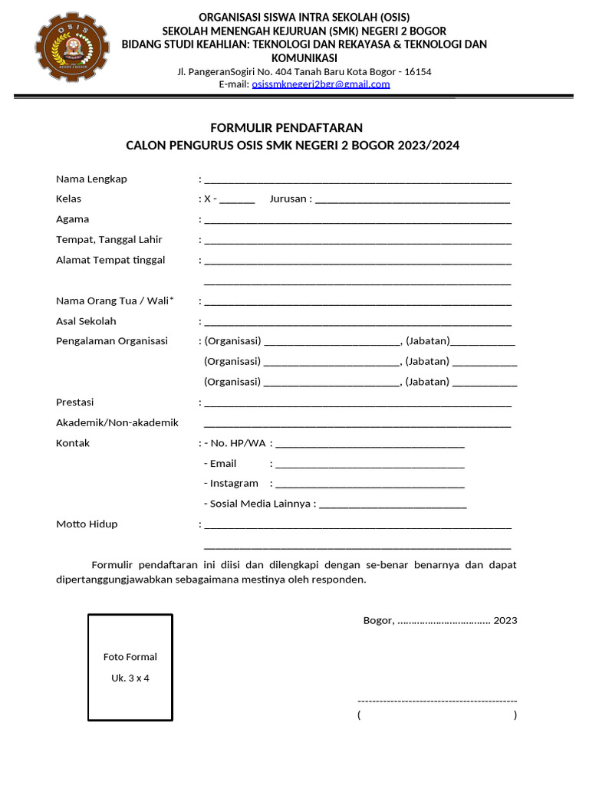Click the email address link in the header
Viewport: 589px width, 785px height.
pyautogui.click(x=321, y=84)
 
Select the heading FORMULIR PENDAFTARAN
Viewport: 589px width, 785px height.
pyautogui.click(x=287, y=127)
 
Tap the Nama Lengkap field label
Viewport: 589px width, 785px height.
pyautogui.click(x=91, y=179)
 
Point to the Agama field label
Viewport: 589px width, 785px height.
pyautogui.click(x=73, y=219)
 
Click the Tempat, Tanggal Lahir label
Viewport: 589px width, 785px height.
pyautogui.click(x=109, y=240)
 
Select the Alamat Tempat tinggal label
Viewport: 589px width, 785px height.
pyautogui.click(x=110, y=260)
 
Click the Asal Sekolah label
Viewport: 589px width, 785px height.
pyautogui.click(x=86, y=321)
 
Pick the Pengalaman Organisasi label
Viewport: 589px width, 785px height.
pyautogui.click(x=112, y=341)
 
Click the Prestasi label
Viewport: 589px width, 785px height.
pyautogui.click(x=75, y=402)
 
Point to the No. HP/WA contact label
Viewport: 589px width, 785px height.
pyautogui.click(x=238, y=443)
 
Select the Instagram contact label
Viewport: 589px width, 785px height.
pyautogui.click(x=234, y=484)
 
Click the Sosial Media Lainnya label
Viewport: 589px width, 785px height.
pyautogui.click(x=260, y=504)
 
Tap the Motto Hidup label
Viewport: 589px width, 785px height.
pyautogui.click(x=87, y=524)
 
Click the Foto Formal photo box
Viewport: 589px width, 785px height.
pyautogui.click(x=130, y=667)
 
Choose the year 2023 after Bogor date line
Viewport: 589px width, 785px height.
pyautogui.click(x=505, y=620)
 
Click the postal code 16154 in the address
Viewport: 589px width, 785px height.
pyautogui.click(x=418, y=72)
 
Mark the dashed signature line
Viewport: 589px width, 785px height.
pyautogui.click(x=437, y=701)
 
